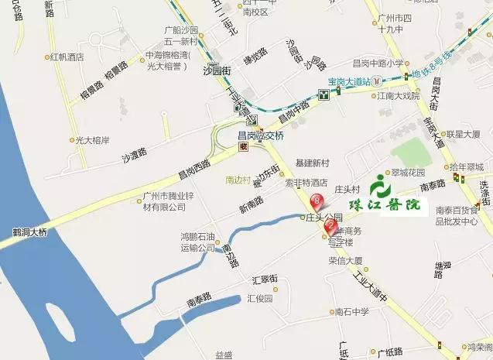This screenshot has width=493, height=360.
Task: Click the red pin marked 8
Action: pyautogui.click(x=316, y=202)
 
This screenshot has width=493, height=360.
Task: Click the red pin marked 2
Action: pyautogui.click(x=330, y=227)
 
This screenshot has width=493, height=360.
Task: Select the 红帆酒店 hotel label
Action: pyautogui.click(x=66, y=57)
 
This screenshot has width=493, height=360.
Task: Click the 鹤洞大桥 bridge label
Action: pyautogui.click(x=24, y=231)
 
